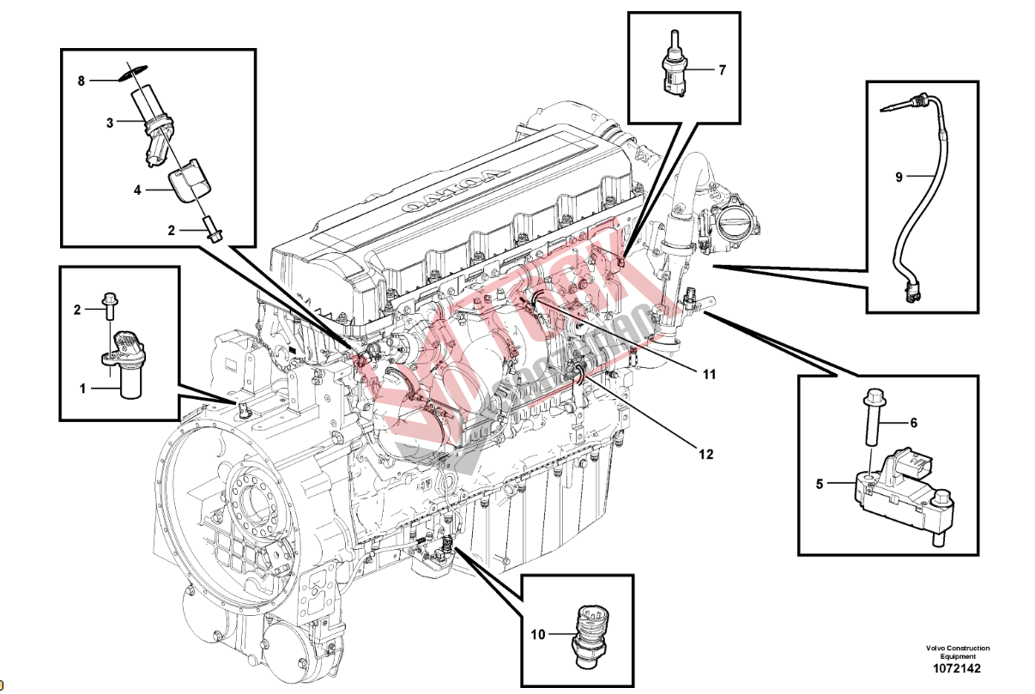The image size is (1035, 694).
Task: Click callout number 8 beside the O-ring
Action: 82,81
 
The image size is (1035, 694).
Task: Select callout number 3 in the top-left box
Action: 110,124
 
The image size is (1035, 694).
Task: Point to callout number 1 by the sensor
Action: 83,389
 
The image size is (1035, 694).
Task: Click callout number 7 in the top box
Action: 722,70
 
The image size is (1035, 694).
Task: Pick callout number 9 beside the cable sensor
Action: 899,177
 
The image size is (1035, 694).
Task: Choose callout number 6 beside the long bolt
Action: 913,422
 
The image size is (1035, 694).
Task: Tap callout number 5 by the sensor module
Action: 820,485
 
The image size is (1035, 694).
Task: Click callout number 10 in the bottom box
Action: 538,635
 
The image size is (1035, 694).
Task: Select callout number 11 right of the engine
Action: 708,374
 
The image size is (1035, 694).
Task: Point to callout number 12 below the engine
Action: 705,455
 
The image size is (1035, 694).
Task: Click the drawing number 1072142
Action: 957,669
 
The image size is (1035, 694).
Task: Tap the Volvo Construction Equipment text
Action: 957,653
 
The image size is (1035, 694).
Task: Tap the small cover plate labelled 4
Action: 191,178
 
